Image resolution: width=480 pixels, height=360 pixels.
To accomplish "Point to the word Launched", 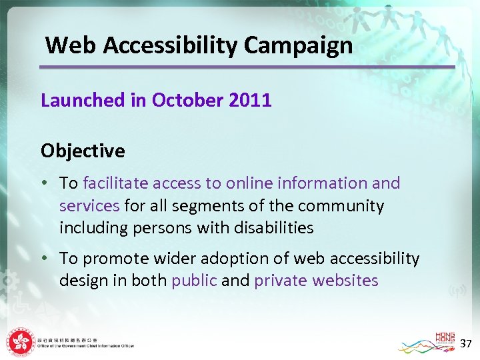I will pos(83,101).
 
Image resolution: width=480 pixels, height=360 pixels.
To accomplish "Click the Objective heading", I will pos(83,151).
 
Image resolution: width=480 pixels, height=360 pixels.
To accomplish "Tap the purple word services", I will pos(89,205).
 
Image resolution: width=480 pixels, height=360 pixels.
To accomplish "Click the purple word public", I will pos(194,281).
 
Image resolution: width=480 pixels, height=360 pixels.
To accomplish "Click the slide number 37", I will pos(466,343).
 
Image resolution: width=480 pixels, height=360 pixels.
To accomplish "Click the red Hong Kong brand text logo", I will pos(445,338).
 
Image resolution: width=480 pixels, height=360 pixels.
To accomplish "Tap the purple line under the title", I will pos(247,67).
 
